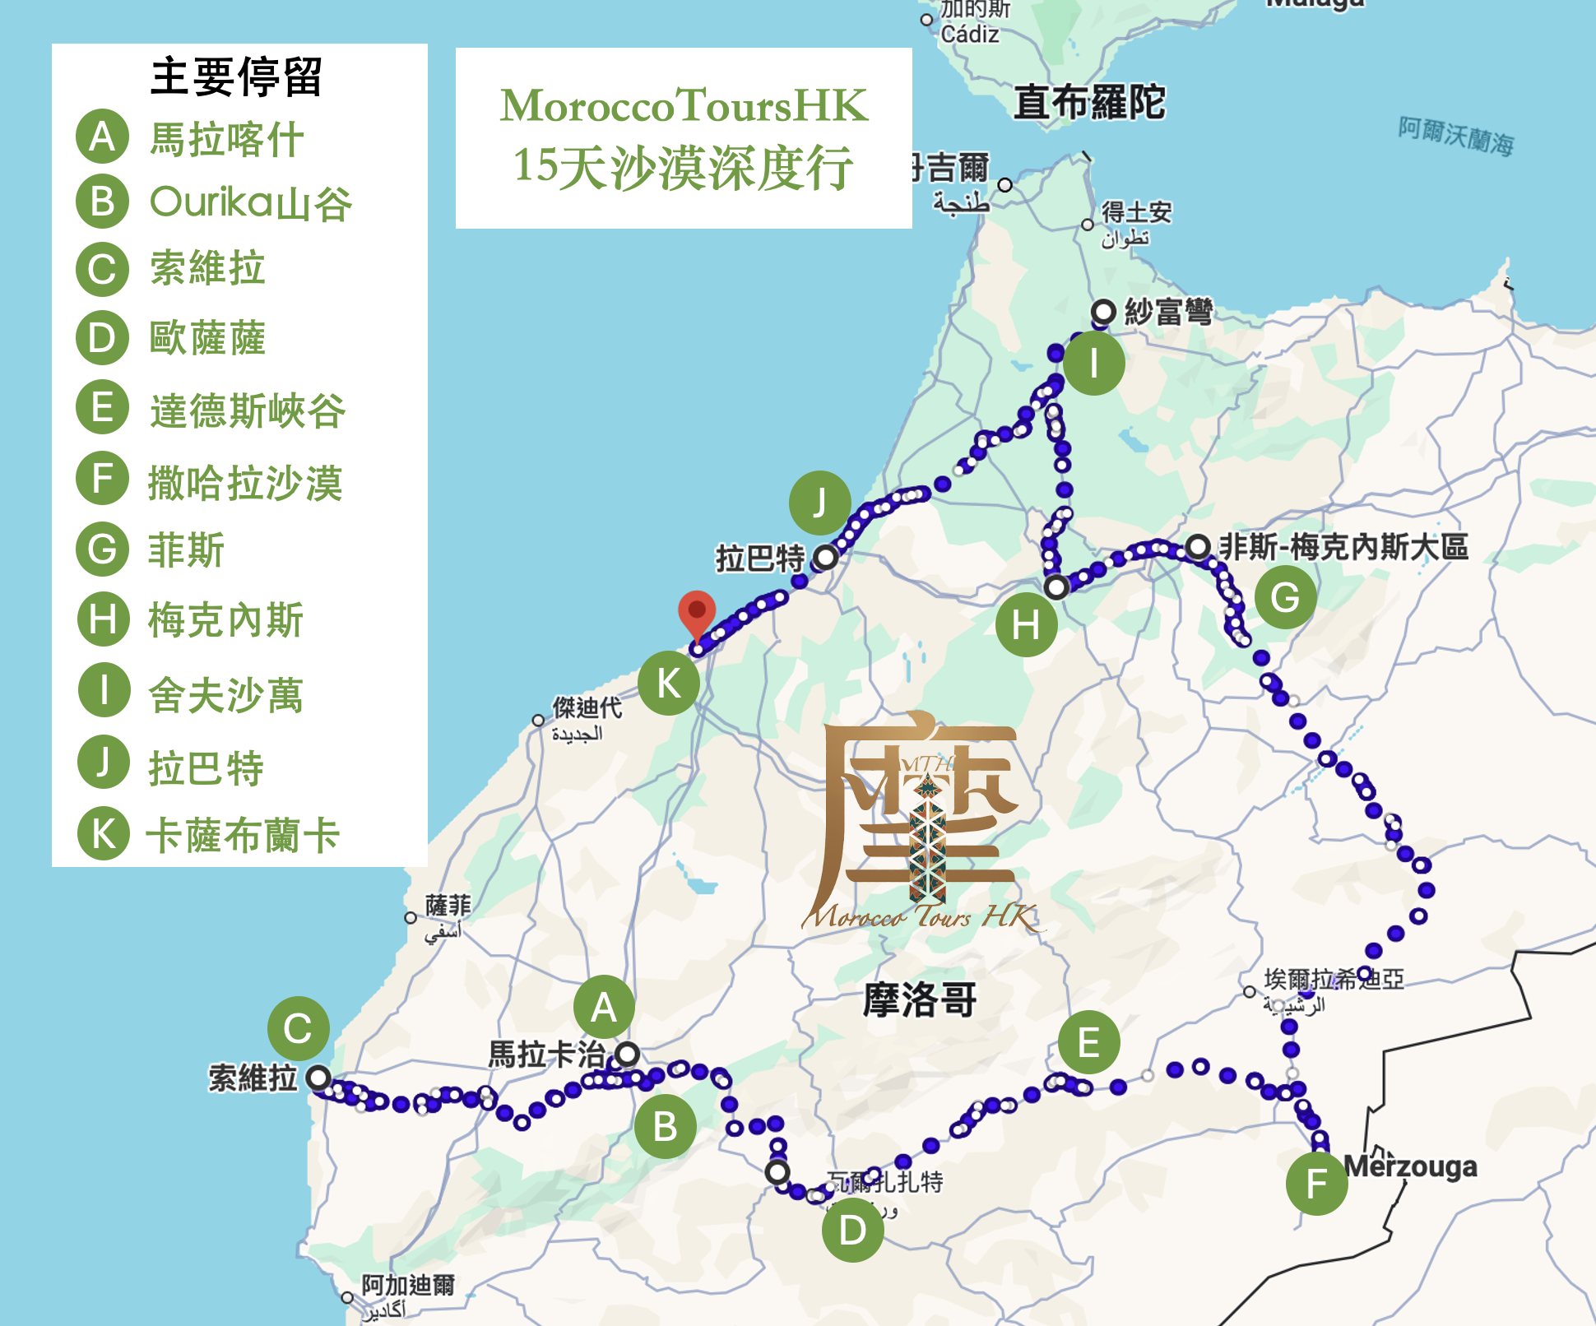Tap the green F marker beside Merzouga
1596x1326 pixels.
tap(1316, 1184)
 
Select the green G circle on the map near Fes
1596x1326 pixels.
tap(1285, 598)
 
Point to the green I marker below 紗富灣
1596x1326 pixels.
tap(1093, 364)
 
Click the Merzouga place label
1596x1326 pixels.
tap(1410, 1166)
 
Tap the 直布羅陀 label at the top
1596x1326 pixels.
tap(1089, 103)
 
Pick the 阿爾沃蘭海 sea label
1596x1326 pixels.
tap(1456, 137)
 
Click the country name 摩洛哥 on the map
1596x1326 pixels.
tap(919, 1000)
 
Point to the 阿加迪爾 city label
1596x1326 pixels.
tap(408, 1285)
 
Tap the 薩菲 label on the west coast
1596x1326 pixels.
tap(448, 906)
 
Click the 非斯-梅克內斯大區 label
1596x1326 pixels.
tap(1343, 547)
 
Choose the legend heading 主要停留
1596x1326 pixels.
tap(236, 76)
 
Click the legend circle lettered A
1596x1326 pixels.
tap(103, 137)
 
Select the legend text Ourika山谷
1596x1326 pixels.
tap(251, 203)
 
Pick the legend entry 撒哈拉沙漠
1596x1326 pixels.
tap(244, 483)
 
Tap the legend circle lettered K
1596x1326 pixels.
tap(104, 833)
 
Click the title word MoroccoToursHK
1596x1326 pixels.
tap(684, 105)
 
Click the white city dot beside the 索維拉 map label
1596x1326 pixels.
tap(318, 1077)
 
